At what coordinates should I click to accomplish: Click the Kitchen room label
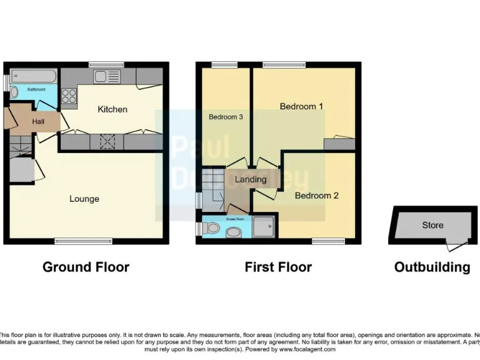click(x=112, y=109)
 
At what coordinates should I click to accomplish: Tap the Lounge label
click(x=84, y=199)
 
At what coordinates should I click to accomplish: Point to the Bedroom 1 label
click(x=301, y=106)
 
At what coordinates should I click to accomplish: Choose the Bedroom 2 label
click(x=316, y=196)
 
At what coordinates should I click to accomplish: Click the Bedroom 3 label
click(x=226, y=117)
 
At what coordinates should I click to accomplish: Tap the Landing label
click(x=251, y=179)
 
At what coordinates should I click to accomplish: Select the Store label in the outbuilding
click(x=432, y=226)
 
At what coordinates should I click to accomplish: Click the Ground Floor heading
click(x=86, y=267)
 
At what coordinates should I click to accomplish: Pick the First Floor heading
click(x=278, y=267)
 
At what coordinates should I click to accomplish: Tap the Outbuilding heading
click(x=432, y=267)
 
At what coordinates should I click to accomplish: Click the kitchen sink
click(x=107, y=77)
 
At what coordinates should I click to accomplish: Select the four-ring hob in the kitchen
click(x=69, y=96)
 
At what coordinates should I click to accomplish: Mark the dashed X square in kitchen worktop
click(x=107, y=142)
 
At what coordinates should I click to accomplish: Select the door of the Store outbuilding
click(x=457, y=245)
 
